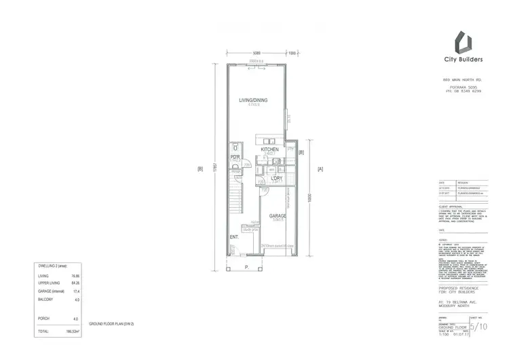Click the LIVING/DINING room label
(x=252, y=101)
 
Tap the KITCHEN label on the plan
(x=269, y=149)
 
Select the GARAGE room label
(x=277, y=216)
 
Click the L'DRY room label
(x=277, y=178)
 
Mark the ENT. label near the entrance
(x=233, y=237)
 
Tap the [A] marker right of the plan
(x=318, y=168)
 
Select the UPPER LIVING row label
(x=49, y=283)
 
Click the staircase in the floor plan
(x=235, y=201)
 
